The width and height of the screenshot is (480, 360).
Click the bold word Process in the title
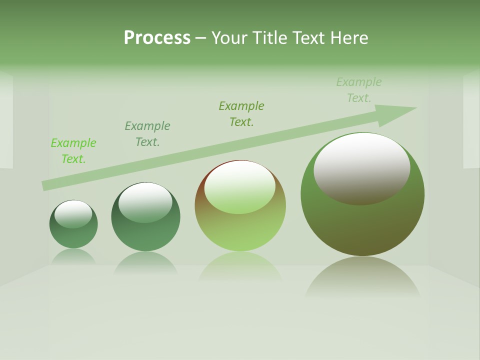coord(157,38)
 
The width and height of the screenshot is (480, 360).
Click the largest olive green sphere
coord(362,225)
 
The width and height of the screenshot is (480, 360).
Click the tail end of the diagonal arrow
coord(44,186)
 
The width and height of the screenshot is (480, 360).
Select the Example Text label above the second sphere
coord(147,134)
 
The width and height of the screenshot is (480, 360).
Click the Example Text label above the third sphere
coord(241,114)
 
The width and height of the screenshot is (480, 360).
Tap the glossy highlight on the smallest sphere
coord(73,214)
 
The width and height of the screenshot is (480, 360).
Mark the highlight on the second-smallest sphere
coord(145,202)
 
